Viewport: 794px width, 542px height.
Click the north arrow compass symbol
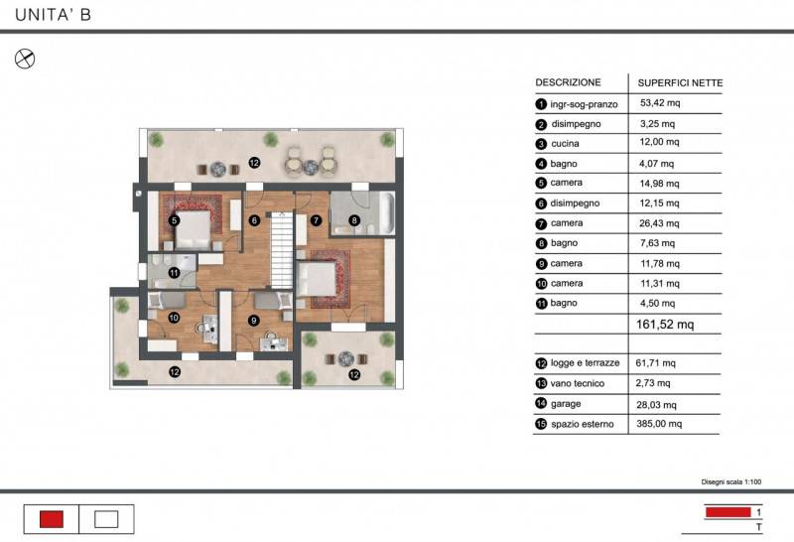tap(25, 59)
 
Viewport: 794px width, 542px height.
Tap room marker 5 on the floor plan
tap(175, 220)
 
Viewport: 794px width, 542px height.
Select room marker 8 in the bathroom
tap(354, 220)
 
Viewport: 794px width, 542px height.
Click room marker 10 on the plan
tap(174, 318)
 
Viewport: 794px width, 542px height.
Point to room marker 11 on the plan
tap(175, 273)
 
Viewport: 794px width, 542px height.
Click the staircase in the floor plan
tap(282, 250)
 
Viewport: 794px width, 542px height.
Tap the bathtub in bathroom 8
tap(387, 213)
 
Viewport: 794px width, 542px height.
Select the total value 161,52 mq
tap(665, 325)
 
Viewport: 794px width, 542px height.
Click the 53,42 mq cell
tap(660, 103)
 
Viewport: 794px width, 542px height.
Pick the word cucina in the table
tap(565, 143)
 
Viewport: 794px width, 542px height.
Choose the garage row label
tap(566, 404)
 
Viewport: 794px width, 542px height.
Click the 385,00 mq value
tap(659, 424)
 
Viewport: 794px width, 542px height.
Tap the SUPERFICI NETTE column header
tap(680, 83)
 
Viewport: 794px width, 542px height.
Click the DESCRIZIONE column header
tap(568, 82)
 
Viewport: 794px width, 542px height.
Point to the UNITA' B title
tap(54, 15)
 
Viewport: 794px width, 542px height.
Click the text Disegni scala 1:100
tap(731, 481)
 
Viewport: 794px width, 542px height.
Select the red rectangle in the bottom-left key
tap(52, 519)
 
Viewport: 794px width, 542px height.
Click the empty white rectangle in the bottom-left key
tap(106, 519)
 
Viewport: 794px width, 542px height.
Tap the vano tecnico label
tap(578, 383)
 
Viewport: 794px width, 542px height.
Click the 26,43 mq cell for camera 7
tap(659, 223)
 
